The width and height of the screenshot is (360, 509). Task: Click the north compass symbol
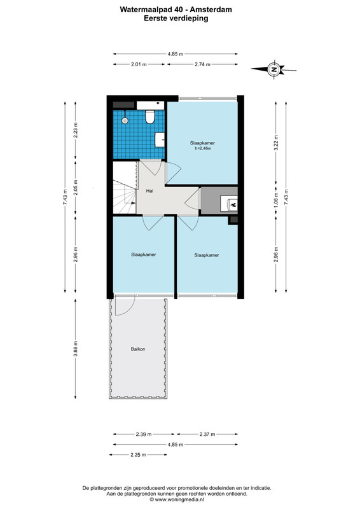tap(274, 69)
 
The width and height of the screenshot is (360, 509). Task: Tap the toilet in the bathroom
tap(149, 117)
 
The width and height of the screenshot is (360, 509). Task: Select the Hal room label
tap(149, 191)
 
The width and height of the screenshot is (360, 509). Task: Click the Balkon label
tap(138, 349)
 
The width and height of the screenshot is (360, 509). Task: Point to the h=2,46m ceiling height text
tap(203, 149)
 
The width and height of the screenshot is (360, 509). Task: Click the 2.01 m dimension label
tap(139, 64)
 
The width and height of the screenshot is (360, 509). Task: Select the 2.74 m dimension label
tap(202, 64)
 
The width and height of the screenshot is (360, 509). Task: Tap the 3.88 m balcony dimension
tap(75, 349)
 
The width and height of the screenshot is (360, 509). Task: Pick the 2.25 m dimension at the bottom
tap(138, 455)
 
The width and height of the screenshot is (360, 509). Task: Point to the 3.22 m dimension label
tap(276, 143)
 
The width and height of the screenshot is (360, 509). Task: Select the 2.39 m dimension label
tap(144, 434)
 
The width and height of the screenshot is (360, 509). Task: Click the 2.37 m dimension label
tap(207, 434)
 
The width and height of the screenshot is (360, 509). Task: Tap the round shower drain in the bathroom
tap(125, 120)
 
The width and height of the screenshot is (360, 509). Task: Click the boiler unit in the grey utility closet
tap(229, 204)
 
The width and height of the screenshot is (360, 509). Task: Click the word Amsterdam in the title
tap(211, 10)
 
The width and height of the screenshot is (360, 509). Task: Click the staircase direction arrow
tap(133, 203)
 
